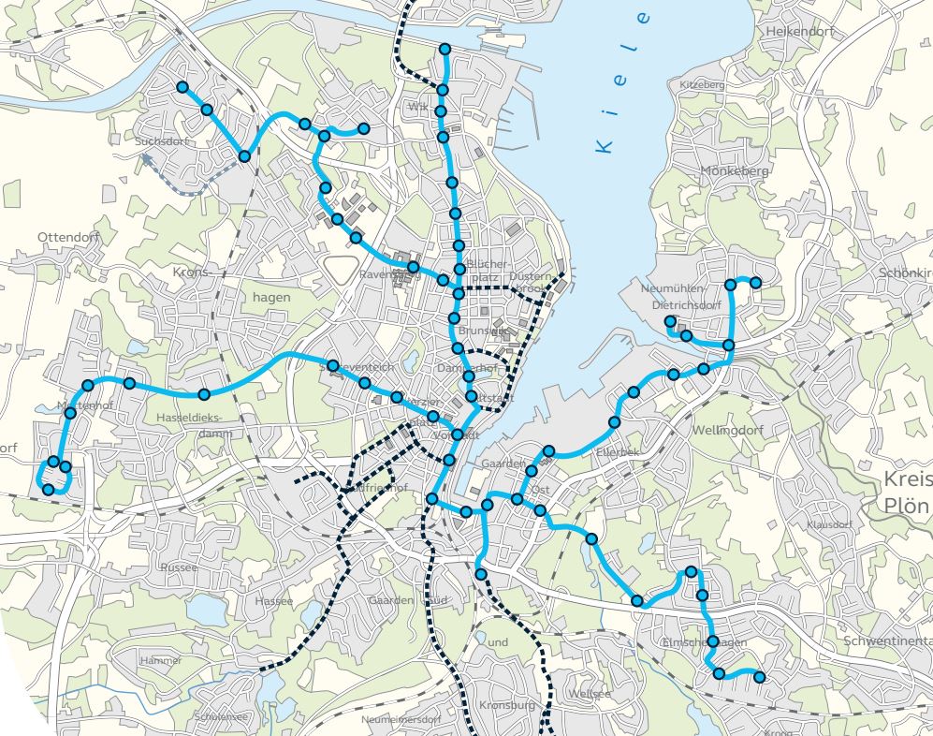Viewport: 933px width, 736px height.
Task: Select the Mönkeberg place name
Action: [x=735, y=171]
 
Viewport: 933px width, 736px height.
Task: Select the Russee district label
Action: [x=179, y=567]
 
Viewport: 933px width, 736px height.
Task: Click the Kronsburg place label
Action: [x=506, y=705]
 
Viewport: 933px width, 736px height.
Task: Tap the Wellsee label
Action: [x=589, y=694]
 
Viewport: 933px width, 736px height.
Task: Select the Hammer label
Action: [x=160, y=660]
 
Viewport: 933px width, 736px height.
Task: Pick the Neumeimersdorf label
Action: [x=401, y=719]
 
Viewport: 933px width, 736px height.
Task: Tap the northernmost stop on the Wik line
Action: [x=445, y=50]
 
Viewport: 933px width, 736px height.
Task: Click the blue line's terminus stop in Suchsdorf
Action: [x=182, y=87]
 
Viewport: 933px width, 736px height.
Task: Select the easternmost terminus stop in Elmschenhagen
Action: [x=759, y=677]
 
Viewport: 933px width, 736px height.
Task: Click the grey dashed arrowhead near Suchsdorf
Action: [x=148, y=160]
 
